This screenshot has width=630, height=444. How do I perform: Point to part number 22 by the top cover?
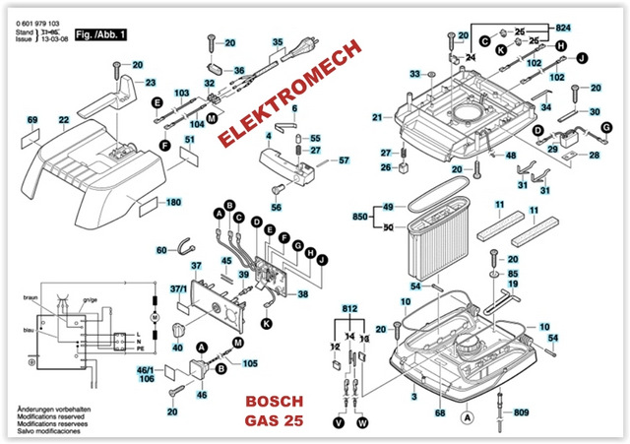tap(64, 121)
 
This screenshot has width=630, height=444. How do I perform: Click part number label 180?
tap(174, 203)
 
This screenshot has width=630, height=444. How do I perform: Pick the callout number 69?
tap(32, 120)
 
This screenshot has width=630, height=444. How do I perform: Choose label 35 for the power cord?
tap(278, 41)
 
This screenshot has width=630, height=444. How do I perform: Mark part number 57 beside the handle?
tap(344, 160)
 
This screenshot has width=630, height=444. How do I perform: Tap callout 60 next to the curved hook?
tap(162, 251)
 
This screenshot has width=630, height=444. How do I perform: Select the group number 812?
tap(349, 308)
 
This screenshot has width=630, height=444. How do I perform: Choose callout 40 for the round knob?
tap(177, 347)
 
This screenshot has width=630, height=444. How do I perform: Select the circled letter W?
tap(363, 422)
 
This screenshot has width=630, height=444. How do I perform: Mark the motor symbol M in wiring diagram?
tap(153, 320)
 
